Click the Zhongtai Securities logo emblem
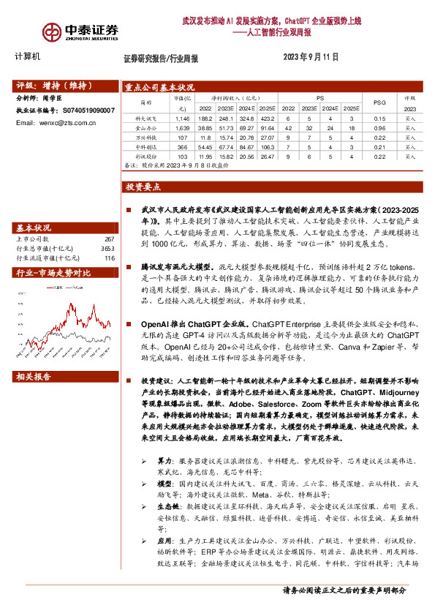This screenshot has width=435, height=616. pyautogui.click(x=52, y=31)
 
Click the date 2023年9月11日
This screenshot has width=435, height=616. pyautogui.click(x=310, y=57)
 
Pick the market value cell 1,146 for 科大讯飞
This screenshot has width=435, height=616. pyautogui.click(x=182, y=117)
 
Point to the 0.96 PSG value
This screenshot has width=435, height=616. pyautogui.click(x=379, y=127)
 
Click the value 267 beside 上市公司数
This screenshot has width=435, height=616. pyautogui.click(x=110, y=238)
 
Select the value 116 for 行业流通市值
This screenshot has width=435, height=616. pyautogui.click(x=110, y=258)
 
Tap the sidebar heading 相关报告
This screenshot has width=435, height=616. pyautogui.click(x=34, y=378)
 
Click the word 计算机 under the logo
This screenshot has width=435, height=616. pyautogui.click(x=28, y=56)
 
